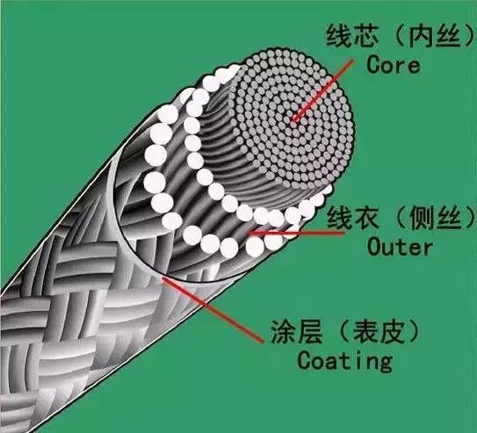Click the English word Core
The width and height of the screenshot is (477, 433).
(x=394, y=64)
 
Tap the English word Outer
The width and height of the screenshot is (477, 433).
(x=400, y=247)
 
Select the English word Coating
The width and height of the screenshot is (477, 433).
(x=344, y=361)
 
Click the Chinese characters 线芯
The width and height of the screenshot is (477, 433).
(x=352, y=36)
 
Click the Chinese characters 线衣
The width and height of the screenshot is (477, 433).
(x=353, y=218)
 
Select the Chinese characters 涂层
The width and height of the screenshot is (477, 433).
(x=296, y=332)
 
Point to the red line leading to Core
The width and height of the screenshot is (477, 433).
(x=322, y=90)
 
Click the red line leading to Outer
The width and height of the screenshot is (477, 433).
(x=296, y=234)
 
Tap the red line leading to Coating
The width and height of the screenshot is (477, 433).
(x=213, y=309)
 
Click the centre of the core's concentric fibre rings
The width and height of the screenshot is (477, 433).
(x=293, y=120)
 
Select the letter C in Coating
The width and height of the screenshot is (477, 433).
(x=305, y=359)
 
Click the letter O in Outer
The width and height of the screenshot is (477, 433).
(x=375, y=247)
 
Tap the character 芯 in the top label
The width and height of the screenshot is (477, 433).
(x=366, y=36)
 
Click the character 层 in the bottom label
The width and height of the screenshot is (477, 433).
(x=310, y=332)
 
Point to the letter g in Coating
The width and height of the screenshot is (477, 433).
(x=385, y=363)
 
